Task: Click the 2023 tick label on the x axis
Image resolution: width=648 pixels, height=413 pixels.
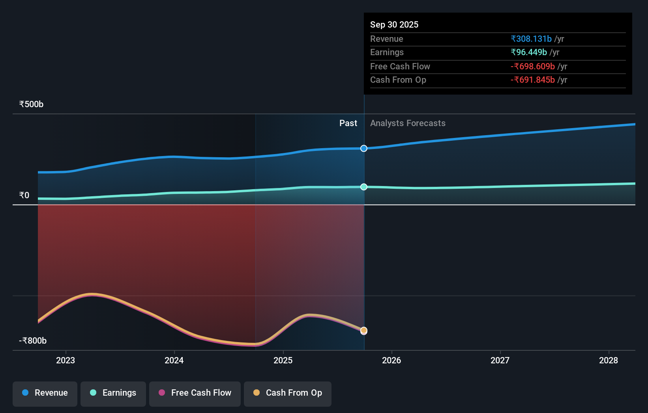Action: point(66,360)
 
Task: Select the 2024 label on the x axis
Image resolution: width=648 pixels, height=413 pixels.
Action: point(174,360)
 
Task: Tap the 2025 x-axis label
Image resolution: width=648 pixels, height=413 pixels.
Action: point(283,360)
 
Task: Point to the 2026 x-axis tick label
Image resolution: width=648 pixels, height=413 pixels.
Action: point(391,360)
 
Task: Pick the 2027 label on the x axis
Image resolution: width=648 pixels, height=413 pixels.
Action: point(500,360)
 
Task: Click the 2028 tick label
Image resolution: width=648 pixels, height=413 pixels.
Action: point(609,360)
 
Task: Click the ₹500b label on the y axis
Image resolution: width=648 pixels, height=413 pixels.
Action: point(31,104)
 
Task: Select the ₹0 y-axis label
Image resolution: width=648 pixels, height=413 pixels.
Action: point(24,195)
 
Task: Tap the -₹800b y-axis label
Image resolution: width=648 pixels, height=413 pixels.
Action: point(33,340)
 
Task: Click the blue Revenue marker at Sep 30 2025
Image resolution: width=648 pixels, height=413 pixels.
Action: point(364,148)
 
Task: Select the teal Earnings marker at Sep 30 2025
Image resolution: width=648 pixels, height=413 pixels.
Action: point(364,187)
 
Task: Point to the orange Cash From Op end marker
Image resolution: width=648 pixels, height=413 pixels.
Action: point(364,330)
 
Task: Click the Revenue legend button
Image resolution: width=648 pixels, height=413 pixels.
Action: point(45,393)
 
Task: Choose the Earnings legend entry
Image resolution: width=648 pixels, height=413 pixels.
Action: point(113,393)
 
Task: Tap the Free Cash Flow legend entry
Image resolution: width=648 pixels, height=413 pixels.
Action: point(195,393)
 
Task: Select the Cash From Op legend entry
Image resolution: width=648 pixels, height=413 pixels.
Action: point(288,393)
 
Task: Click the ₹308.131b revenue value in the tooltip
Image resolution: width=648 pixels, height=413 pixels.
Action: point(531,39)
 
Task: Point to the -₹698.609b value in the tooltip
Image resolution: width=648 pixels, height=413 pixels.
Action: point(532,66)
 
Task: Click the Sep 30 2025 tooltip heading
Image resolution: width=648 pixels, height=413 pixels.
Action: point(394,24)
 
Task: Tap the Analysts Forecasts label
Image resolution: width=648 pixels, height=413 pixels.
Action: point(408,123)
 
